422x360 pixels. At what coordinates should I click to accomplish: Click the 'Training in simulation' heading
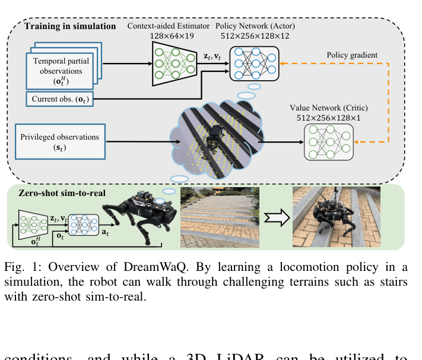(70, 26)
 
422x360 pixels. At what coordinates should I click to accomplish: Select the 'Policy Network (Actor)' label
(255, 26)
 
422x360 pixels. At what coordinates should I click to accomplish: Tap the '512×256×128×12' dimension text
(255, 35)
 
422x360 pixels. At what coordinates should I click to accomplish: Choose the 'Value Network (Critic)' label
(328, 108)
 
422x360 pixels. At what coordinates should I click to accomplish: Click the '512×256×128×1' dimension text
(328, 118)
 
